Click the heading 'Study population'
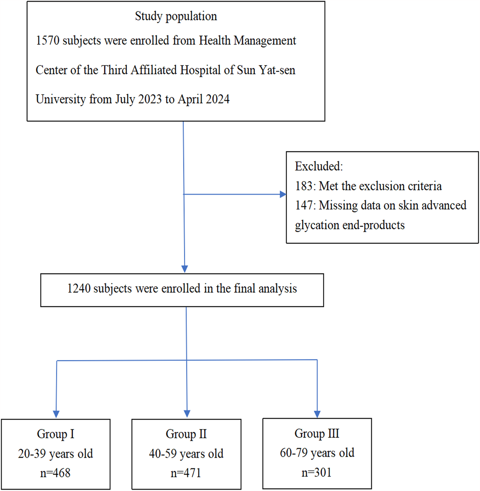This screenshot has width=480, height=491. coord(176,16)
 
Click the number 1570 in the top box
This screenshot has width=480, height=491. coord(47,41)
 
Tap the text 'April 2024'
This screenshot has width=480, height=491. coord(204,99)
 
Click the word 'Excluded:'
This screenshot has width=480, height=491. coord(318,166)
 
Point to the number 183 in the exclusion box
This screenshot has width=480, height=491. coord(304,186)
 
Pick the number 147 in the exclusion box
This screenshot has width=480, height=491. coord(304,205)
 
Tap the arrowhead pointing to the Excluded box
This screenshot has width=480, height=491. coord(282,194)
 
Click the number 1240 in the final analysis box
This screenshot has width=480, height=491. coord(79,289)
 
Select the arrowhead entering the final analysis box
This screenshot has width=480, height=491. coord(185,268)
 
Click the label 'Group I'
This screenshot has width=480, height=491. coord(56,434)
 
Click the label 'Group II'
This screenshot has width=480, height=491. coord(186,434)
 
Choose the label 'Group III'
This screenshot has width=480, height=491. coord(317,433)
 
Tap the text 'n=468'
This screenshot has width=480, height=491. coord(55,473)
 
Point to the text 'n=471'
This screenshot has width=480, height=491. coord(186,473)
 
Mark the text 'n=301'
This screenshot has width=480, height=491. coord(316,472)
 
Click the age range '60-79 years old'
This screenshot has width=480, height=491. coord(317,453)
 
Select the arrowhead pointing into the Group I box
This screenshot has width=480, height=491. coord(56,414)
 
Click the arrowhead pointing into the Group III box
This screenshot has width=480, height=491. coord(317,414)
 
